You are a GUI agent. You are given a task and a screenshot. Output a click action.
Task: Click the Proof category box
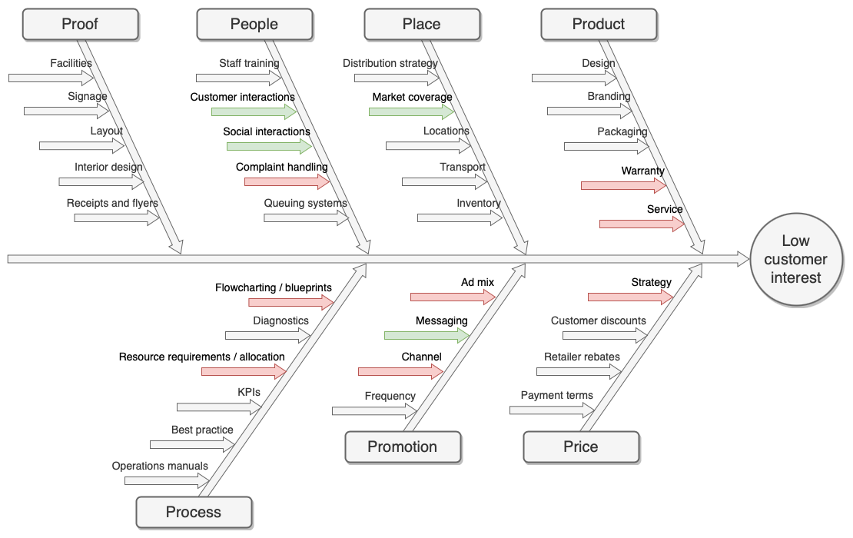click(81, 25)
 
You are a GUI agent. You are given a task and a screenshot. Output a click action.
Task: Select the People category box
click(254, 25)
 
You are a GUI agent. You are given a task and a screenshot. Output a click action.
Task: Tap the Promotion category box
click(403, 447)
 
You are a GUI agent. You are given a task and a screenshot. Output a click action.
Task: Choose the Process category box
click(194, 513)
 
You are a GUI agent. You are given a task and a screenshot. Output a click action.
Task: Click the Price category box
click(581, 447)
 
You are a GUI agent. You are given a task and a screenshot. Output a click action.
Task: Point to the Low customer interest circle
click(796, 260)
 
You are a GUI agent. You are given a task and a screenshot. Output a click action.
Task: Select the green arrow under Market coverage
click(410, 111)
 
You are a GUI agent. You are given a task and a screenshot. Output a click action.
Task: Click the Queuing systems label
click(306, 204)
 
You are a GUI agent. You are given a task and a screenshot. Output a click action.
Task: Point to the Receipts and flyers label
click(112, 204)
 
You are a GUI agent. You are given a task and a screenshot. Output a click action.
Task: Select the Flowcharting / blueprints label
click(274, 288)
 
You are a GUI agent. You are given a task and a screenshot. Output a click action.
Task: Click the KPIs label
click(249, 392)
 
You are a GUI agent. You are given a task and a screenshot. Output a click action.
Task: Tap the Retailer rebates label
click(582, 357)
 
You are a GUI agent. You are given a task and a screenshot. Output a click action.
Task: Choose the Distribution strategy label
click(390, 64)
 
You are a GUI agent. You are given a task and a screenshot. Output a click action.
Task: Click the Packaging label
click(622, 131)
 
